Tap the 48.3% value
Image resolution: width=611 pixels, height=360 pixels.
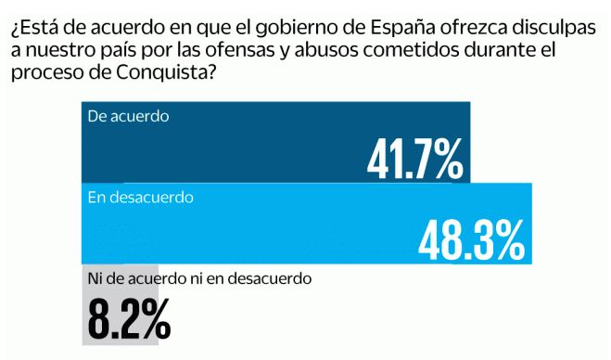[x=471, y=239]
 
